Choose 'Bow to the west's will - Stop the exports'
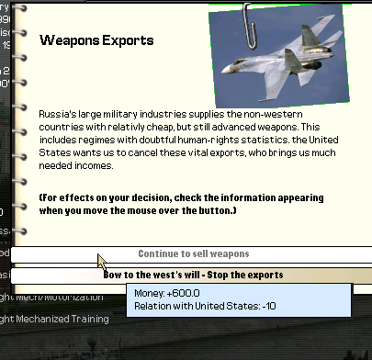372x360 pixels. pyautogui.click(x=193, y=275)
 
